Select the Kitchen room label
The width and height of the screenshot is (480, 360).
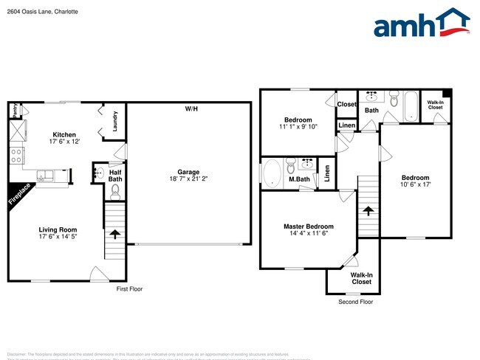coord(64,134)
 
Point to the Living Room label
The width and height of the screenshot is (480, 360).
coord(58,229)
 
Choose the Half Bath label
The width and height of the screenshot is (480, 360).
coord(115,175)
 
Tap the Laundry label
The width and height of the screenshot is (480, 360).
coord(115,121)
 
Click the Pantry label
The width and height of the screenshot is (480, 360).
coord(14,110)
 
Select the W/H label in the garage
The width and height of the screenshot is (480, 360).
coord(191,109)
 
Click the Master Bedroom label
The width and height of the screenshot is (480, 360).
coord(308,226)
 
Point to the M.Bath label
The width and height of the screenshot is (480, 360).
coord(298,179)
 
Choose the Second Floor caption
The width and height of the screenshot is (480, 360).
coord(355,302)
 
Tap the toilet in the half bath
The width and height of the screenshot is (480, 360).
coord(114,192)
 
